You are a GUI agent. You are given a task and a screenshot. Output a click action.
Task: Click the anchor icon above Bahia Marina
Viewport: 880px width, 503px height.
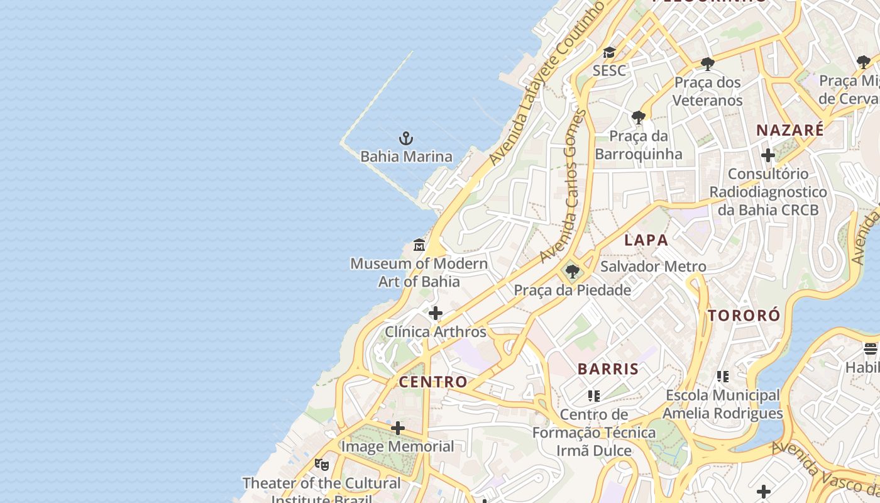pyautogui.click(x=406, y=138)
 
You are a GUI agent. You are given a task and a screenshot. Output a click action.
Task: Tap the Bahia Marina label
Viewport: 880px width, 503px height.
pyautogui.click(x=406, y=157)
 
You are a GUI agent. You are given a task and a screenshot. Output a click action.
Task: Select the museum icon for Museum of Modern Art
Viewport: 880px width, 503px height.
pyautogui.click(x=419, y=245)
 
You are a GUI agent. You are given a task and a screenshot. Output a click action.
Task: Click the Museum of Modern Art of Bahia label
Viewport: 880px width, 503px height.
pyautogui.click(x=419, y=272)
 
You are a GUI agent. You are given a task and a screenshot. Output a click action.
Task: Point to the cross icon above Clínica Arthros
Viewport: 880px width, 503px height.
pyautogui.click(x=435, y=313)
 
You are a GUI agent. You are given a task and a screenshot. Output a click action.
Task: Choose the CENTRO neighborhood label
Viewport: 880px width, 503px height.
pyautogui.click(x=433, y=382)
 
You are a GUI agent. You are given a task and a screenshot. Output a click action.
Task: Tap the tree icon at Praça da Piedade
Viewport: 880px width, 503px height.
pyautogui.click(x=572, y=272)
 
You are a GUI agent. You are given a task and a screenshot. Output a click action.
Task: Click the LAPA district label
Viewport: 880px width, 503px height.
pyautogui.click(x=646, y=240)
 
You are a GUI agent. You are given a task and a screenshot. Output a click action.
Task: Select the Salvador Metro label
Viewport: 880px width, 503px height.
pyautogui.click(x=653, y=267)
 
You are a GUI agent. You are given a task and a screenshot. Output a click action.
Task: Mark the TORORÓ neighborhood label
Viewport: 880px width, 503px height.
pyautogui.click(x=744, y=316)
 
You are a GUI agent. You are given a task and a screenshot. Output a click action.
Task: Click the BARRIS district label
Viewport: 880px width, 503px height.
pyautogui.click(x=608, y=369)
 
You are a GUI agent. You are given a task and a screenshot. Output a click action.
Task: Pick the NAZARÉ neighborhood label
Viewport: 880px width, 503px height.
pyautogui.click(x=789, y=131)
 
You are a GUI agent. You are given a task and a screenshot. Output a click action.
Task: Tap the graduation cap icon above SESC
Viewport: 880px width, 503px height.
pyautogui.click(x=608, y=52)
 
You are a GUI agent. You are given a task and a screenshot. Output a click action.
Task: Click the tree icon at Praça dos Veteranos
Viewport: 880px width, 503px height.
pyautogui.click(x=707, y=64)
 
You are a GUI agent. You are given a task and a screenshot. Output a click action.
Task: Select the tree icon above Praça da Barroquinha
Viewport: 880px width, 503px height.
pyautogui.click(x=638, y=117)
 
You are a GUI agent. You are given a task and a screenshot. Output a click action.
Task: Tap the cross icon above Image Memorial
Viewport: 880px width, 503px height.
pyautogui.click(x=397, y=429)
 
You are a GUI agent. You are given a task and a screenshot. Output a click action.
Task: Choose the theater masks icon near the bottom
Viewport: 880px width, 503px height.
pyautogui.click(x=322, y=465)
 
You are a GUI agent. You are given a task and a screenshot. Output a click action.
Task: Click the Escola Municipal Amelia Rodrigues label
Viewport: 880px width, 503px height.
pyautogui.click(x=723, y=404)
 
